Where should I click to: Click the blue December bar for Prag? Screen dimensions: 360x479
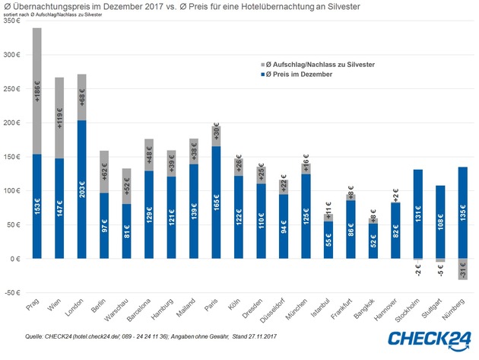coord(37,205)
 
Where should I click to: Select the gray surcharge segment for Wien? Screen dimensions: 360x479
coord(59,118)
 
